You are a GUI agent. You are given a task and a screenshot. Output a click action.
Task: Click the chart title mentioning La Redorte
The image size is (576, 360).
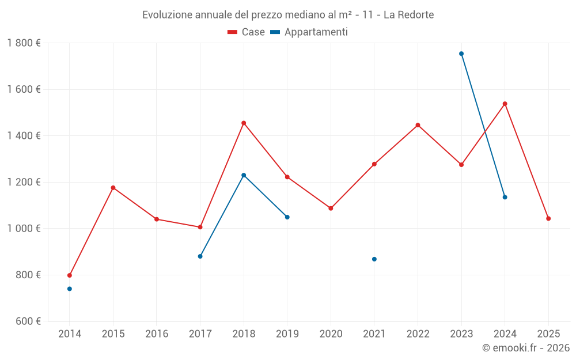[288, 14]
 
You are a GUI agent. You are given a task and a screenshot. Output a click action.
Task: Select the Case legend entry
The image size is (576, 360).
[247, 32]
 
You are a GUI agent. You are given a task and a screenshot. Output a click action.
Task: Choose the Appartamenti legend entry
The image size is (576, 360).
[309, 32]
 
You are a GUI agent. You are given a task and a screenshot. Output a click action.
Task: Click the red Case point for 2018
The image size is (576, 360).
[244, 123]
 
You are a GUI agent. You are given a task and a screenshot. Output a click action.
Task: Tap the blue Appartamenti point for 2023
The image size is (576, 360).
[461, 54]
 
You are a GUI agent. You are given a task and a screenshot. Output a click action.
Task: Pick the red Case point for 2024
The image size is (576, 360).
[505, 104]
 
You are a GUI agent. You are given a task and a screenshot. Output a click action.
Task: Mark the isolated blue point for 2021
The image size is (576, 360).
[374, 259]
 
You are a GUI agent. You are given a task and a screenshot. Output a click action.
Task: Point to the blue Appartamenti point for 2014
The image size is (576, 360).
[70, 289]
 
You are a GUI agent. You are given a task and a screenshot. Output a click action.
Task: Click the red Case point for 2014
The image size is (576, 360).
[70, 275]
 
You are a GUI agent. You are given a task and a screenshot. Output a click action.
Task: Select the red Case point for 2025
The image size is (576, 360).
[548, 218]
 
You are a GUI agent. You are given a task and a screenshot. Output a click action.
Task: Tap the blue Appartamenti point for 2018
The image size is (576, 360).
[244, 175]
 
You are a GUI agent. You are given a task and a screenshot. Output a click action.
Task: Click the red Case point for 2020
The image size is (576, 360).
[331, 208]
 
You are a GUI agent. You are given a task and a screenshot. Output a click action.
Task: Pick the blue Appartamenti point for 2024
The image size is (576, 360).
[505, 197]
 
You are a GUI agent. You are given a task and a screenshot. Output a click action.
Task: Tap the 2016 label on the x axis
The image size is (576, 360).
[157, 334]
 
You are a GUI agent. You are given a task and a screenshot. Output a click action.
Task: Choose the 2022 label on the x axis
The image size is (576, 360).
[418, 334]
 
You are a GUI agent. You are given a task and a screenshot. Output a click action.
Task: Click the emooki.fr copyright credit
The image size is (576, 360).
[525, 348]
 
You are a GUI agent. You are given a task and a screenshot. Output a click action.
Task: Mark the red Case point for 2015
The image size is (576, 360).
[113, 188]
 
